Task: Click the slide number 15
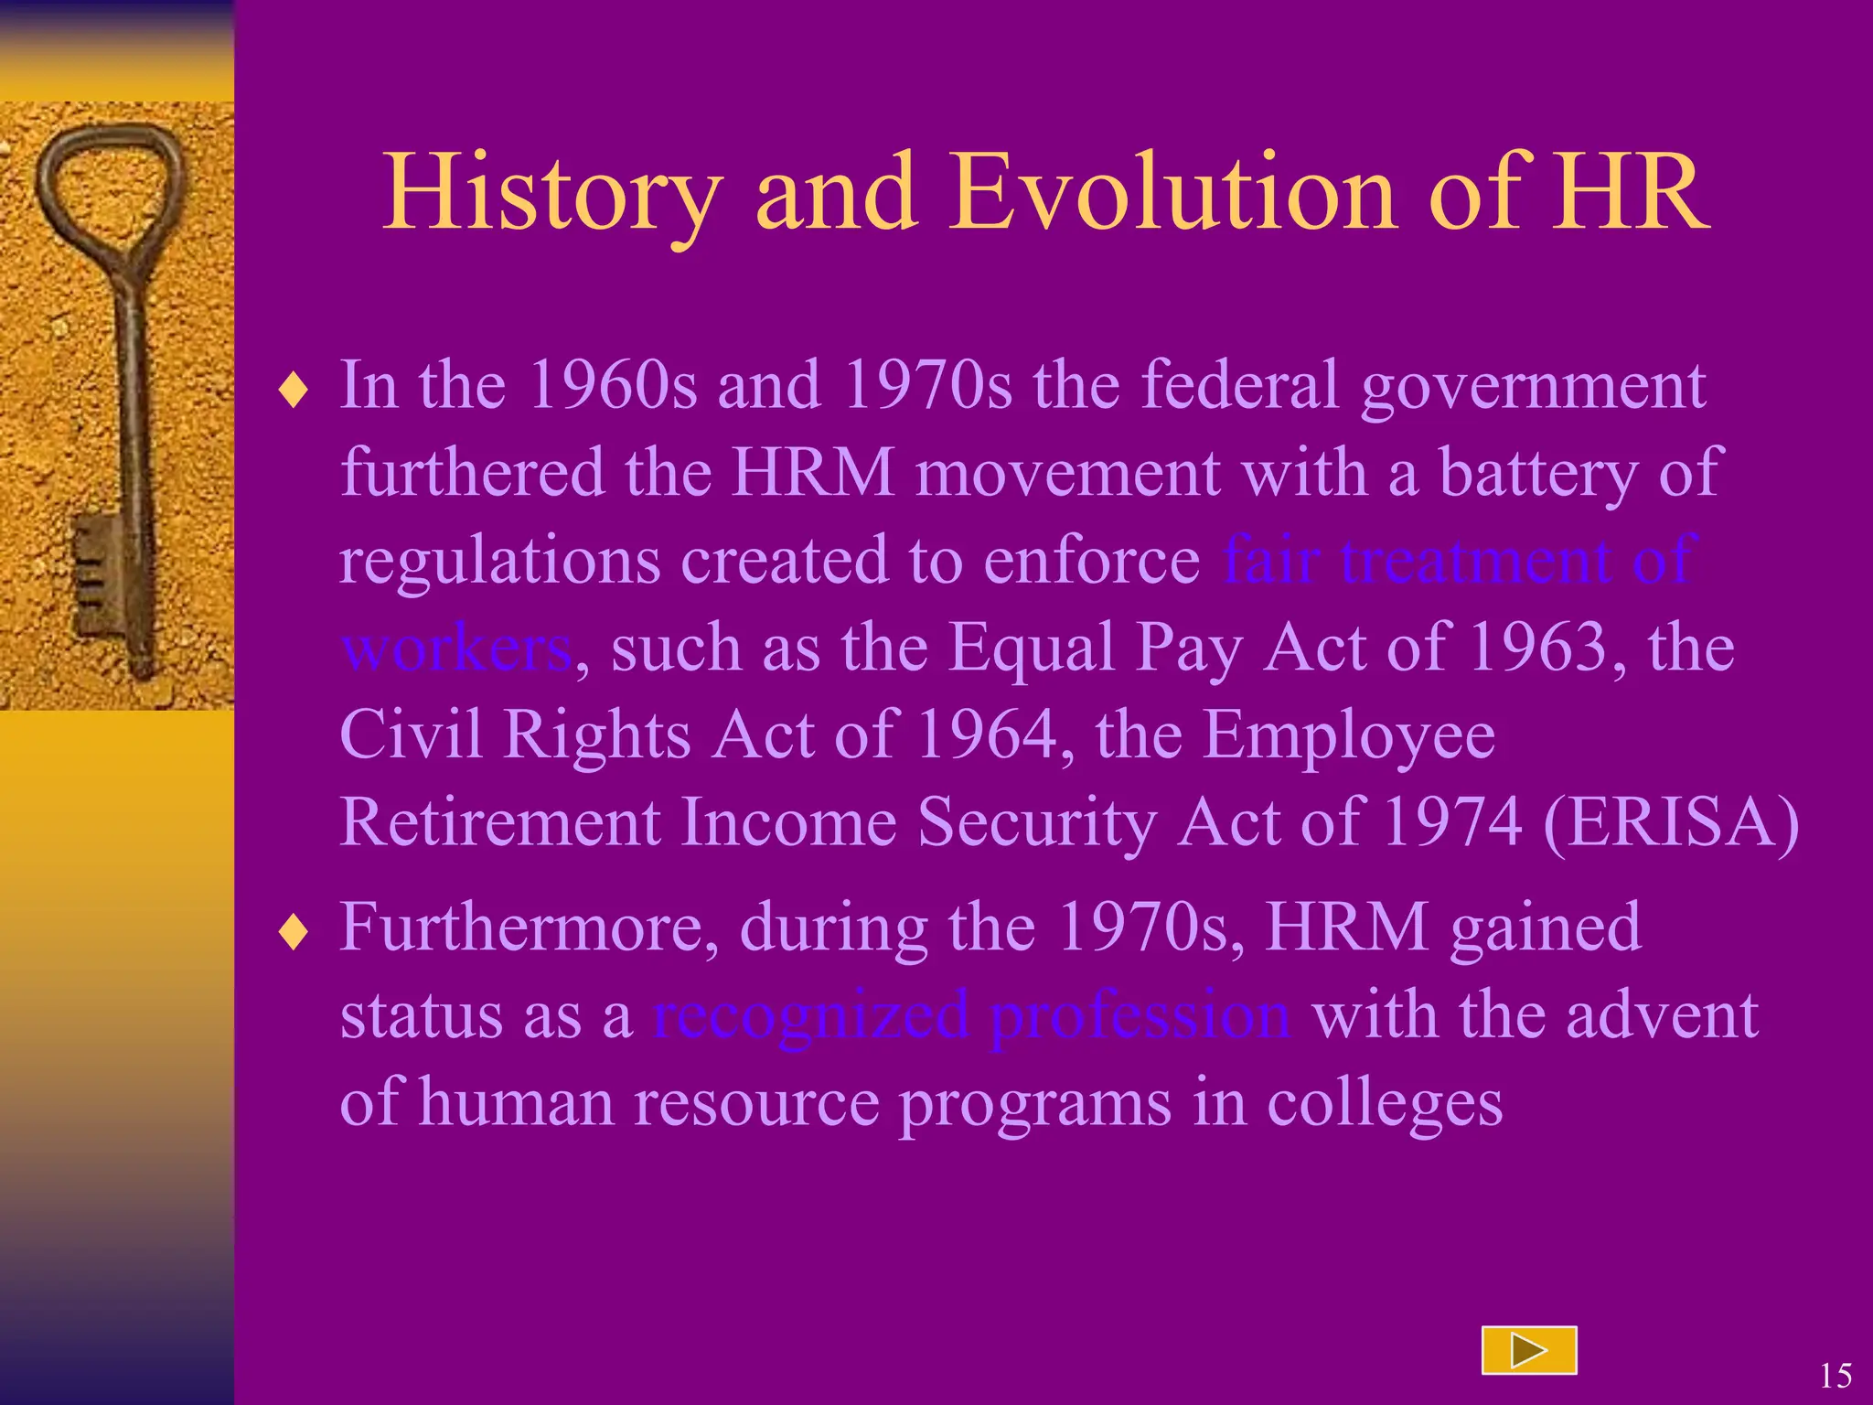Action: point(1835,1375)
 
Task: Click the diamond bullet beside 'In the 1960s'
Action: point(294,391)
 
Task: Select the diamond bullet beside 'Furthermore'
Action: point(294,932)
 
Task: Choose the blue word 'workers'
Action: point(455,648)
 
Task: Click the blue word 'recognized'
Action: point(810,1015)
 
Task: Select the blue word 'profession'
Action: point(1140,1015)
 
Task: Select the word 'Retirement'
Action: point(499,822)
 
